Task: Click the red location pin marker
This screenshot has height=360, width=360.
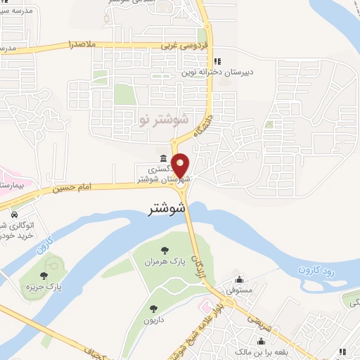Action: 181,165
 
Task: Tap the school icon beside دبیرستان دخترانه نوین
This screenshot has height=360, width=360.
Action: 218,60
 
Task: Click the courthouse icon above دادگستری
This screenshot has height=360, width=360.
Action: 163,157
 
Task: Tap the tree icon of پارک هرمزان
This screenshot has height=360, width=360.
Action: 165,250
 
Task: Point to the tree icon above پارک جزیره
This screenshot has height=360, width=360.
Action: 44,276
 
